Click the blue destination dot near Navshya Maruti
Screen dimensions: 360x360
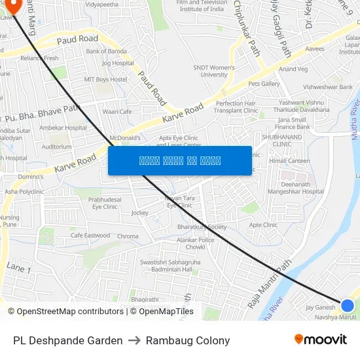348,305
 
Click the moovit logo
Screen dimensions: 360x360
320,340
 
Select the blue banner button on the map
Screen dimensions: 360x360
180,160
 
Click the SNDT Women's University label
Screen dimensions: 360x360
210,71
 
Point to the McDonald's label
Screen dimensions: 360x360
125,138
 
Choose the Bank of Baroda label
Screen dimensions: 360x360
105,51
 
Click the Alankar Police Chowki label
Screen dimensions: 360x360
196,243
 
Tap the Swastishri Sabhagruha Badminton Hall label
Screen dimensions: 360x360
164,266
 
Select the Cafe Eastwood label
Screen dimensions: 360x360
90,236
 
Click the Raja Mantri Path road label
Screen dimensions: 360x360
268,283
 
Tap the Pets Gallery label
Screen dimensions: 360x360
264,84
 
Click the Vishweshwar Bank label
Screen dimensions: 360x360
328,86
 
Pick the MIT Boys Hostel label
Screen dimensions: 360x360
105,79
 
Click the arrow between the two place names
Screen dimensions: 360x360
134,340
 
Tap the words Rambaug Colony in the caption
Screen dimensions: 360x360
188,340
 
